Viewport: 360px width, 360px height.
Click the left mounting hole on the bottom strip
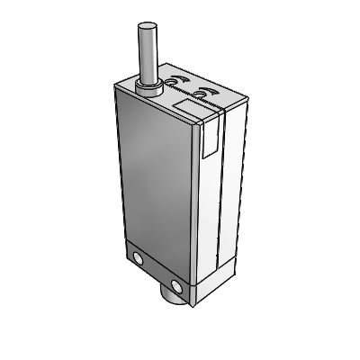[138, 260]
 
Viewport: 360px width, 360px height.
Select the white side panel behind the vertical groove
[232, 180]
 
